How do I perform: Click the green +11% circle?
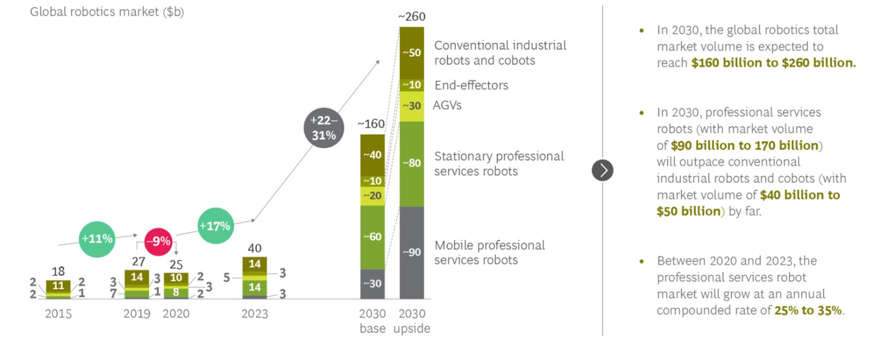click(x=97, y=239)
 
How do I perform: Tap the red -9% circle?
click(x=158, y=241)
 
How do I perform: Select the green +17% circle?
click(x=215, y=226)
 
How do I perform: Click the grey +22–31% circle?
click(x=324, y=128)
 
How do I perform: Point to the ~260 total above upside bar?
click(x=411, y=16)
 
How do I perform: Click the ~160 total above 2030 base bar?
click(x=371, y=124)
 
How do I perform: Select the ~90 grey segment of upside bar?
click(x=411, y=252)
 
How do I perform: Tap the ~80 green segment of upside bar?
click(x=411, y=163)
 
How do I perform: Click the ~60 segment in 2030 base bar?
click(x=372, y=237)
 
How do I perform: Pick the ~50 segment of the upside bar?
click(x=411, y=53)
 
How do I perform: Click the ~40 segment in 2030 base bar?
click(x=372, y=155)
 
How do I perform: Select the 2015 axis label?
click(x=58, y=314)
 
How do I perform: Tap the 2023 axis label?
click(x=254, y=314)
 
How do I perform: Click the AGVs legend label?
click(x=447, y=105)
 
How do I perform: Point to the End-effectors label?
click(x=471, y=85)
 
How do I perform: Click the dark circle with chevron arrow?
click(x=602, y=170)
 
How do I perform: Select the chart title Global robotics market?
click(x=106, y=11)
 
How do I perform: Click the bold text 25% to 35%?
click(x=808, y=310)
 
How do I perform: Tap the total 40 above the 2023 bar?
click(x=254, y=248)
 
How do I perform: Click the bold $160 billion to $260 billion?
click(x=773, y=63)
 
